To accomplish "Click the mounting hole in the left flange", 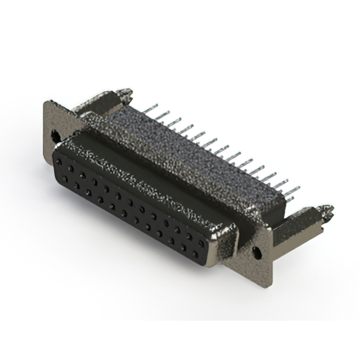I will pyautogui.click(x=55, y=135).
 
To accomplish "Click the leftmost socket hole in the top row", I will pyautogui.click(x=59, y=161).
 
